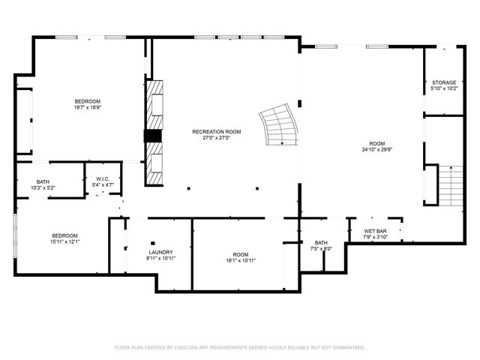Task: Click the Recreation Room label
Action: coord(216,131)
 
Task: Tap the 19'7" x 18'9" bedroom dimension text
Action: coord(87,107)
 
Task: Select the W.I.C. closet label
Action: coord(103,178)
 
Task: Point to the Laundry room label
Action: coord(160,252)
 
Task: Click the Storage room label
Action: coord(443,82)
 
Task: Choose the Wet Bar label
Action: coord(375,231)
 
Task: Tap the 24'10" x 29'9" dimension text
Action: coord(376,148)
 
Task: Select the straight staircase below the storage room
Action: coord(450,187)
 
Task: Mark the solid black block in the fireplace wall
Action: coord(153,136)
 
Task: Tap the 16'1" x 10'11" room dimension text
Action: coord(240,260)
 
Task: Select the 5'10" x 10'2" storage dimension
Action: coord(443,88)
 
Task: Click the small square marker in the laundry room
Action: coord(152,243)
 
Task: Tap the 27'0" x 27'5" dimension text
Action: coord(216,137)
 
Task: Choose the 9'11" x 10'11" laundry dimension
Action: coord(160,258)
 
